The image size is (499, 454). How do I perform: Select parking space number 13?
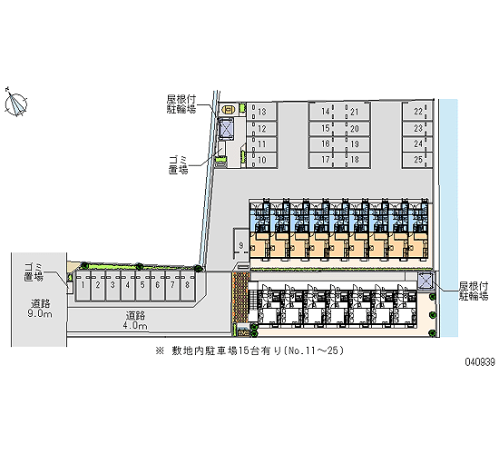(x=261, y=112)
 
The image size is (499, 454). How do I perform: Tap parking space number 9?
(x=241, y=245)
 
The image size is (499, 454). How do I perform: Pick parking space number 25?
(x=417, y=160)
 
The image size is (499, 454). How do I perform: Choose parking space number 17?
(x=325, y=160)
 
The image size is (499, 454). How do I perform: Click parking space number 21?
(x=354, y=112)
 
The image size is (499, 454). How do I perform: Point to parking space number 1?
(x=83, y=285)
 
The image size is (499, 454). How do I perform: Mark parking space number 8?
(x=188, y=285)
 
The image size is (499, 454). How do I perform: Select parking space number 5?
(x=142, y=285)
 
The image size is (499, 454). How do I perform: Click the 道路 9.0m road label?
(x=40, y=309)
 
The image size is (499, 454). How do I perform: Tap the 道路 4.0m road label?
(x=136, y=321)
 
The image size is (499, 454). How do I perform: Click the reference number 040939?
(x=480, y=362)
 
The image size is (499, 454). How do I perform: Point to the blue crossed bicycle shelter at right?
(x=426, y=281)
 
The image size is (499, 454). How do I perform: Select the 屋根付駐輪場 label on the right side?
(x=474, y=291)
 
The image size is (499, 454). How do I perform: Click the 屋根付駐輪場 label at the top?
(x=181, y=104)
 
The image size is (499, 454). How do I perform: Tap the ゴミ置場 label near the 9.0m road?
(x=34, y=272)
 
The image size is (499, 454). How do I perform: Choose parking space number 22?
(x=417, y=112)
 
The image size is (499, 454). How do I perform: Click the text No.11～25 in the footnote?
(x=314, y=350)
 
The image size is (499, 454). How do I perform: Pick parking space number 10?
(x=261, y=160)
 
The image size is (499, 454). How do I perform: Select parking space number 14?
(x=325, y=112)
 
